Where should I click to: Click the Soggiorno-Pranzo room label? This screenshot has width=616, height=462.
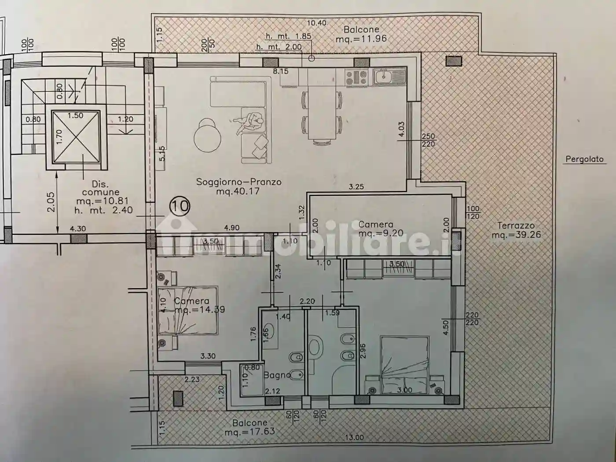tap(238, 186)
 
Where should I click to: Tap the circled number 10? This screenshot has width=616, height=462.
tap(180, 205)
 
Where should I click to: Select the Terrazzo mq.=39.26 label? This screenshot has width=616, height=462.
tap(516, 230)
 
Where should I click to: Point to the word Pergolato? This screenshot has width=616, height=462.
tap(584, 159)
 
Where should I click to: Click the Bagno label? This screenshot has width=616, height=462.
tap(277, 375)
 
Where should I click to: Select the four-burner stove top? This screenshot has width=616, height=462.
tap(356, 77)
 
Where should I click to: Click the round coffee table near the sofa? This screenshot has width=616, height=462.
tap(207, 135)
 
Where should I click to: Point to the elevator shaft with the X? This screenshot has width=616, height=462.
tap(76, 136)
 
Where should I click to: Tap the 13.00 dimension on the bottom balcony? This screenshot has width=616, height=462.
tap(354, 437)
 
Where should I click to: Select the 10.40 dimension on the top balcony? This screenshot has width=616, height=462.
tap(316, 23)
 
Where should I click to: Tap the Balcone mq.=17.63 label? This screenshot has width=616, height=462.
tap(249, 427)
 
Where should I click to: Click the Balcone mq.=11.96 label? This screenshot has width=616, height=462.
tap(361, 34)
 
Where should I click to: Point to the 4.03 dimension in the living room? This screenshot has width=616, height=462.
tap(400, 130)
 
